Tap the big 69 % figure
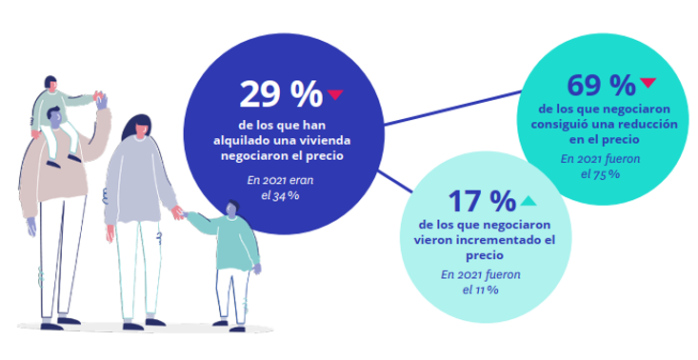click(601, 86)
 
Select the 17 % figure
click(481, 202)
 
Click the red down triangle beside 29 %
click(334, 94)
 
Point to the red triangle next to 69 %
click(648, 83)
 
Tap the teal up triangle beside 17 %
click(528, 201)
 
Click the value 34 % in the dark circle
click(287, 195)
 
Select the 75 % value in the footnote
click(607, 174)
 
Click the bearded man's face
click(57, 122)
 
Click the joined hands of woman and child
click(177, 212)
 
